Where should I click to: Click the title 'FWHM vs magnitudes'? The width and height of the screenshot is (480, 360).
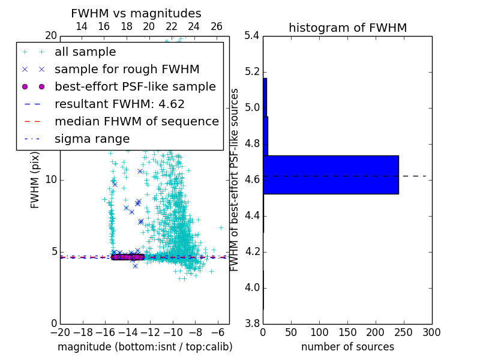tap(136, 13)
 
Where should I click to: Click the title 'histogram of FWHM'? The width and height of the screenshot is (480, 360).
tap(347, 28)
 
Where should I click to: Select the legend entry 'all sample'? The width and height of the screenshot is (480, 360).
tap(85, 52)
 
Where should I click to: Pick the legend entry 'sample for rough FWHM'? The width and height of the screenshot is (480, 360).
tap(127, 70)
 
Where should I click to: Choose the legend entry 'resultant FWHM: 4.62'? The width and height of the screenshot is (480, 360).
tap(119, 104)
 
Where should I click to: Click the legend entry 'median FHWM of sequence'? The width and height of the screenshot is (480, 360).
tap(136, 122)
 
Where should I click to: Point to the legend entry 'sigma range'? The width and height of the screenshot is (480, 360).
tap(92, 139)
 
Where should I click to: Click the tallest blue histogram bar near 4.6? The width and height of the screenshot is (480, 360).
tap(331, 175)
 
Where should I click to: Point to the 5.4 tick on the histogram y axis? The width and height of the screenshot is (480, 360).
tap(252, 36)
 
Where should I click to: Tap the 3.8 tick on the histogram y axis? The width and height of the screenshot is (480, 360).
tap(252, 324)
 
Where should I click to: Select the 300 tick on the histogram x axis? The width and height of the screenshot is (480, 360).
tap(431, 332)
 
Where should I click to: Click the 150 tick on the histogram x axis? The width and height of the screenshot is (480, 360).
tap(347, 332)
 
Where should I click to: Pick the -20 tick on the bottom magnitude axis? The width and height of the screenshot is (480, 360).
tap(60, 332)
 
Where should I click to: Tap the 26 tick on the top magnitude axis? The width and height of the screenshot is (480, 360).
tap(217, 26)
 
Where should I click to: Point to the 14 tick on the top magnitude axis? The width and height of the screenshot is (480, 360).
tap(82, 26)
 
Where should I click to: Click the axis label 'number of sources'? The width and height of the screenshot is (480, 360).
tap(347, 347)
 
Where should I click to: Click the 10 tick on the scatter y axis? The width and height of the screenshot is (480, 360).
tap(51, 180)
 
